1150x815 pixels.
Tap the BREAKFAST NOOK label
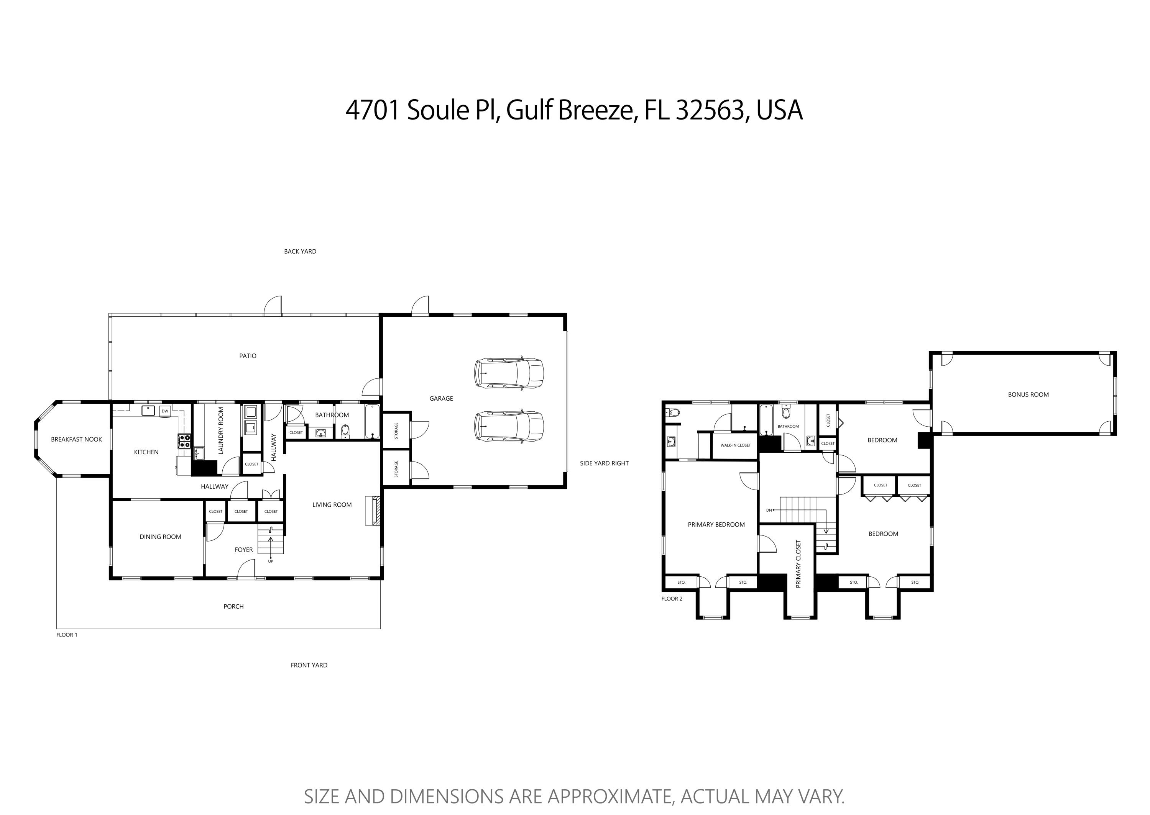pos(76,440)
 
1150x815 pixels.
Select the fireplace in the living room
pos(372,511)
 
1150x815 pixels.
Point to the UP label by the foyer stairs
pos(271,561)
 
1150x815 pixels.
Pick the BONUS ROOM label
pos(1028,395)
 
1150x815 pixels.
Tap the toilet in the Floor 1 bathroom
pos(345,430)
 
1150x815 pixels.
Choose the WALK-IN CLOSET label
pos(735,445)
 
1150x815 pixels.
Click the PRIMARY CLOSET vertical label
pos(798,564)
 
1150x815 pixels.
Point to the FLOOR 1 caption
pos(67,635)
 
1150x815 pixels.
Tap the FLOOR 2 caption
pos(672,599)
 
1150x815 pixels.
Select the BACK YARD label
pos(300,251)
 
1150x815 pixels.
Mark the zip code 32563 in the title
pos(709,110)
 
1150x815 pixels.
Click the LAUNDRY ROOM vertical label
pos(221,430)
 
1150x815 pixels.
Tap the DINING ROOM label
pos(160,537)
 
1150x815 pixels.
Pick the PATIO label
pos(248,356)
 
